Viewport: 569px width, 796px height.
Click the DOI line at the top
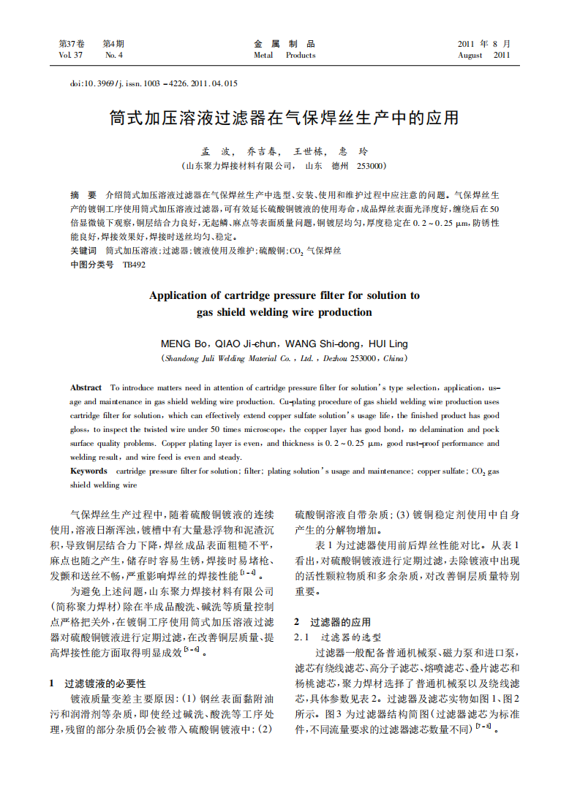[x=154, y=83]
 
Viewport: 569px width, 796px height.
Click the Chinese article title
[x=284, y=118]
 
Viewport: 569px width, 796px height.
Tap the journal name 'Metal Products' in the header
[x=284, y=56]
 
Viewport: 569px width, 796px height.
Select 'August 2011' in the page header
[x=483, y=56]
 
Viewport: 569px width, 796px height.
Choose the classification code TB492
[x=134, y=265]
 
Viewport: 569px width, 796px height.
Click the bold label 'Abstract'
[x=86, y=387]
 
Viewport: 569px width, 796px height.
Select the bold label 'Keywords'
[x=89, y=471]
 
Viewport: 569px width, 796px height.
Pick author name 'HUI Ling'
[x=388, y=344]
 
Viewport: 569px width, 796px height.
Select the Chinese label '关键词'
[x=83, y=251]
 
